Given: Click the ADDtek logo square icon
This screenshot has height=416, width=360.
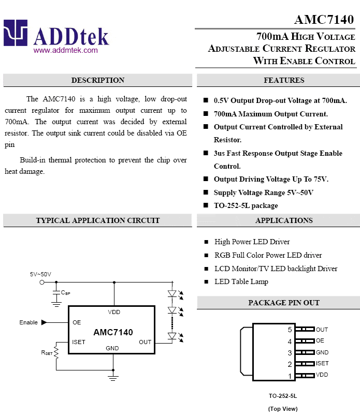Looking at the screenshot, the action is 16,33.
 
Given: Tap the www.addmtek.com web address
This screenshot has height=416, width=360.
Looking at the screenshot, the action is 66,50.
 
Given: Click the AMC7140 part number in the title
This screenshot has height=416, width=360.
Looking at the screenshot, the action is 324,20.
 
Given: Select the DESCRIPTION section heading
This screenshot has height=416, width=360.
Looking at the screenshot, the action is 98,80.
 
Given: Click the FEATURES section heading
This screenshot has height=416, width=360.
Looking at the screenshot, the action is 284,80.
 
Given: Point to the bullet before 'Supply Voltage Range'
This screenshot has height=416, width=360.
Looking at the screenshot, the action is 206,192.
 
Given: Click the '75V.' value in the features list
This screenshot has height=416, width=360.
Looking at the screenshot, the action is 321,179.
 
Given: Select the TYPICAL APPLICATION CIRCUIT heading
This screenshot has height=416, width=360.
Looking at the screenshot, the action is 98,220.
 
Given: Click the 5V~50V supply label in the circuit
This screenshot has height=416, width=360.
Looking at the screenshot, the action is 40,274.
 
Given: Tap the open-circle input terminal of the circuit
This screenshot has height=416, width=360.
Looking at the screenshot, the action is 42,283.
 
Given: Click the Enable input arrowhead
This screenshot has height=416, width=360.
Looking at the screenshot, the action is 44,322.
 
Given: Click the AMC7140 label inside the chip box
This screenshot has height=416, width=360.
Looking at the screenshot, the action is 113,332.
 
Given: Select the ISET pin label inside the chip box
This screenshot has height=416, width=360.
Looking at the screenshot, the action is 78,342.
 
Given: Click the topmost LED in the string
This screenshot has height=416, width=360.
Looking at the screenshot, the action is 172,293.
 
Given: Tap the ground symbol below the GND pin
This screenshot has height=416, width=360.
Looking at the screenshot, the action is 113,378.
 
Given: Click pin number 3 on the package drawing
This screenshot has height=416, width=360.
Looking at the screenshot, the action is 290,353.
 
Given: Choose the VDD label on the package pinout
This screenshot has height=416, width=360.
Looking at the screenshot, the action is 322,375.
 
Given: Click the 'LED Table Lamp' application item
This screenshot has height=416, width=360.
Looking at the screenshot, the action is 241,281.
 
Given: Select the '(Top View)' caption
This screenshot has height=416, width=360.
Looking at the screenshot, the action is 283,409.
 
